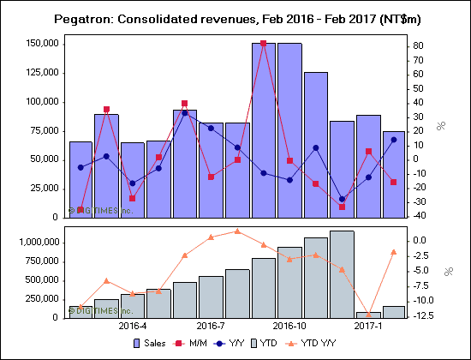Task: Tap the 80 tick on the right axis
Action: pyautogui.click(x=417, y=45)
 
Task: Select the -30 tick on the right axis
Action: pyautogui.click(x=418, y=201)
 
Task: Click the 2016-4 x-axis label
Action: pyautogui.click(x=132, y=327)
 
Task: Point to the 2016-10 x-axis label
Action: pyautogui.click(x=290, y=327)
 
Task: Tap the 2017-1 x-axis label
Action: pyautogui.click(x=369, y=327)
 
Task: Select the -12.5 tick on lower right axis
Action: pyautogui.click(x=422, y=315)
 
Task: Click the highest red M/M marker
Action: pyautogui.click(x=264, y=43)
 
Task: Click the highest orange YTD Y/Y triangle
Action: pyautogui.click(x=237, y=231)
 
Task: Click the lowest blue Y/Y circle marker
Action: pyautogui.click(x=343, y=199)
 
